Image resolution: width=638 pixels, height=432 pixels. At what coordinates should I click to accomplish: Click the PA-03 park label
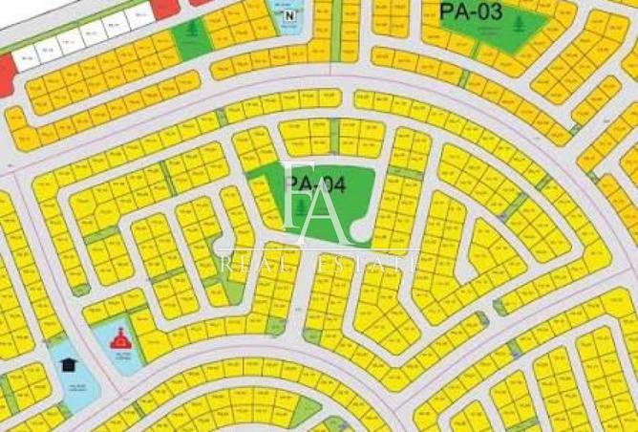point(471,11)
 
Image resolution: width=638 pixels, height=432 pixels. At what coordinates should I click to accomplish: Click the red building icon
point(119,336)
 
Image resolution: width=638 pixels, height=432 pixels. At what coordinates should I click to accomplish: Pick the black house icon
point(69,364)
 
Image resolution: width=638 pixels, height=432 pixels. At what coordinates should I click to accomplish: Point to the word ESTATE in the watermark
point(368,259)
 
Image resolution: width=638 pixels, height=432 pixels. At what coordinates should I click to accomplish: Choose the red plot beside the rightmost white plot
point(164,10)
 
